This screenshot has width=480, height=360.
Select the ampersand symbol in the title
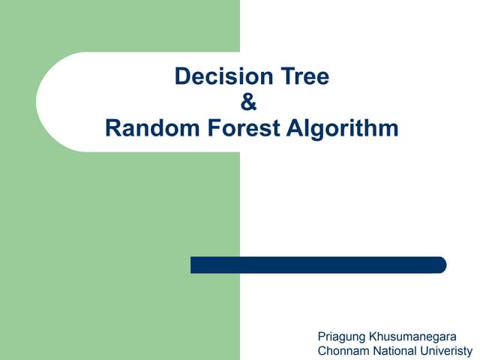click(x=250, y=102)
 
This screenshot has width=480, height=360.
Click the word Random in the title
click(x=148, y=128)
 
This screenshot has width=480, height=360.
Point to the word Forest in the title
click(x=239, y=128)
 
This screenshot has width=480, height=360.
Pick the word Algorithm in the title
click(x=342, y=129)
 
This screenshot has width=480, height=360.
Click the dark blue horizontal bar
click(x=318, y=265)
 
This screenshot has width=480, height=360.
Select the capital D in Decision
click(x=182, y=76)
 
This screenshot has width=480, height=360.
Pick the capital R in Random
click(x=113, y=128)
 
